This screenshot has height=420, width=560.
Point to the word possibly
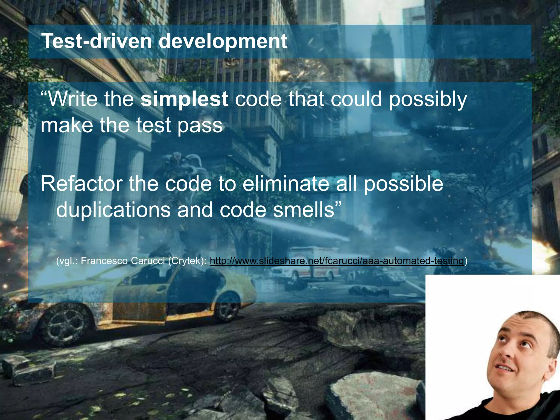(x=428, y=100)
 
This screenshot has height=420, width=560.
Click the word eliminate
(x=286, y=184)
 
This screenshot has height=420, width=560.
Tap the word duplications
(x=113, y=210)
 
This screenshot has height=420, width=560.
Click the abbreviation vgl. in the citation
(x=67, y=261)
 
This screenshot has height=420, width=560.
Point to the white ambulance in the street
(x=306, y=262)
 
